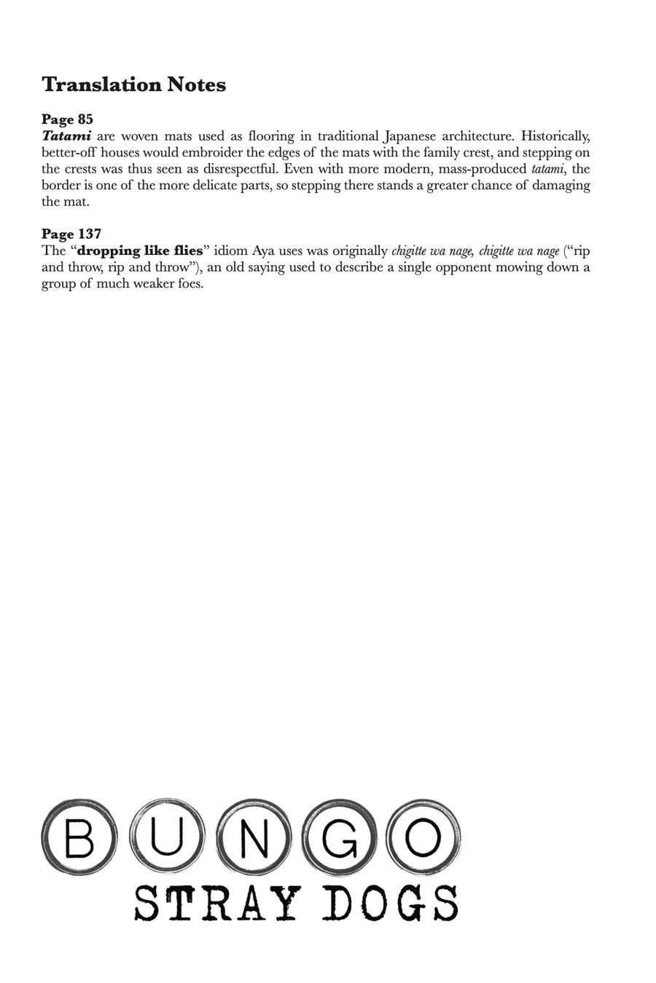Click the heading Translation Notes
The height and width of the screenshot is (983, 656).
tap(133, 85)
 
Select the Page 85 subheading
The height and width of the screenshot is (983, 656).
tap(67, 119)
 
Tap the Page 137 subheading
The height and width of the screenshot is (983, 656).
tap(71, 234)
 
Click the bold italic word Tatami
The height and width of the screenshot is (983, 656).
tap(66, 136)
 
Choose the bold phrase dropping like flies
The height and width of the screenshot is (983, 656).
tap(139, 251)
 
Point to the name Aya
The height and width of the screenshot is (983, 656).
tap(263, 251)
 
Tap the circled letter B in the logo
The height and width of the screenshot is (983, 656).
tap(79, 837)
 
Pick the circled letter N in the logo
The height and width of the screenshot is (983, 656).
tap(253, 837)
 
